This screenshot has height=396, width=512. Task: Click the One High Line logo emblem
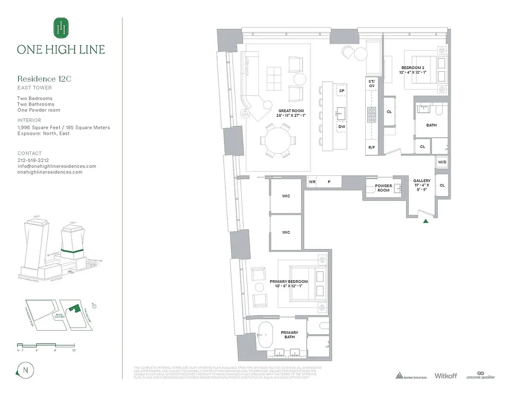[61, 28]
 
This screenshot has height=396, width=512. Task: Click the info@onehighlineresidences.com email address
[56, 166]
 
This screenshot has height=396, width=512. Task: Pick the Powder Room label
[384, 188]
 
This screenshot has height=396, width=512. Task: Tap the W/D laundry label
[442, 162]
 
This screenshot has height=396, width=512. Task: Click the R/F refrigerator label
[371, 148]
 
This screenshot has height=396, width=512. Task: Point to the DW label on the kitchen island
[341, 127]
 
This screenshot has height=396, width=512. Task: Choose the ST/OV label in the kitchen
[372, 83]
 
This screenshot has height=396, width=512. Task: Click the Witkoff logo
[447, 376]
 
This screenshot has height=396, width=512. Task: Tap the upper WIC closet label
[286, 196]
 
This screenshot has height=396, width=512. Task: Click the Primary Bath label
[290, 335]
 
